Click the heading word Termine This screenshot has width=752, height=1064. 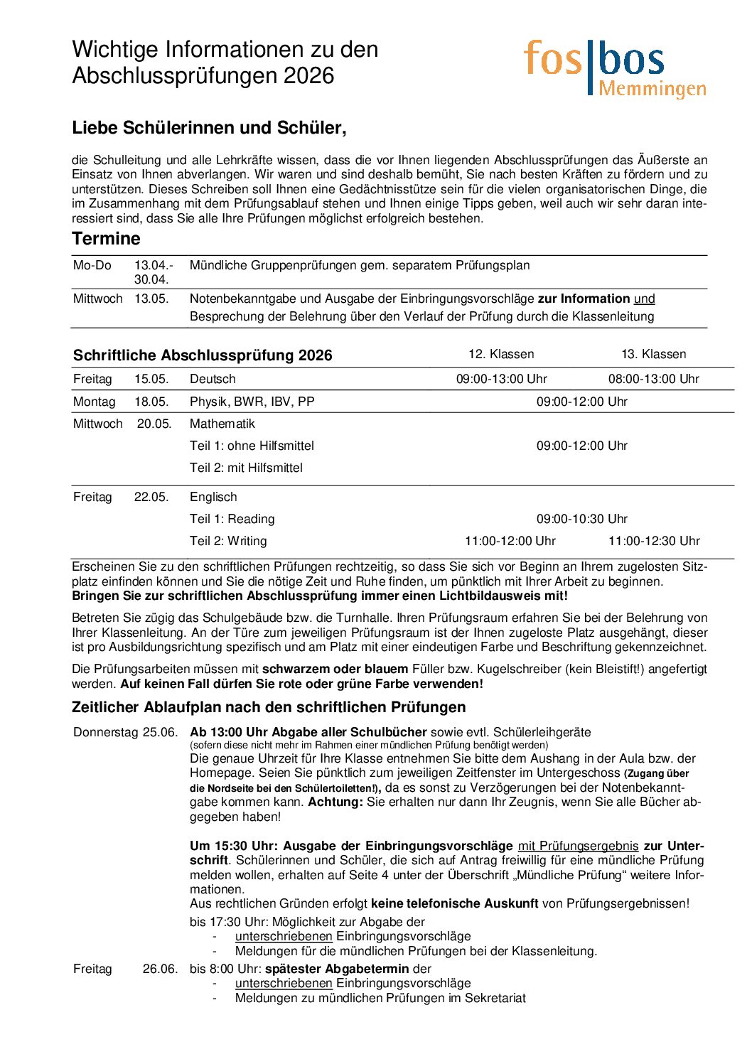click(x=106, y=239)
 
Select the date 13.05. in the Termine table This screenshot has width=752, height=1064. click(x=151, y=299)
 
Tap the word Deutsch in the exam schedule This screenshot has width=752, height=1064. click(x=213, y=379)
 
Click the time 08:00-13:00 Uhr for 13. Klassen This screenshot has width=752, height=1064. click(x=653, y=379)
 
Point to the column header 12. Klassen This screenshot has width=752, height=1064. click(x=501, y=354)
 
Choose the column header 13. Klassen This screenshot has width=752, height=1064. click(x=653, y=354)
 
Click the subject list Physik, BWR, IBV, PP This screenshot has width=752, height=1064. click(x=252, y=402)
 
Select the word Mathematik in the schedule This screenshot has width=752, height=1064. click(x=222, y=424)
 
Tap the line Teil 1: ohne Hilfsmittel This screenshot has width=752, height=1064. click(x=252, y=446)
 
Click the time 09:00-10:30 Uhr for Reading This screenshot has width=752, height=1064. click(x=581, y=519)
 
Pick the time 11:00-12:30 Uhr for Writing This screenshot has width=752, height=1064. click(x=653, y=541)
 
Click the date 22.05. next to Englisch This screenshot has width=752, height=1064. click(x=151, y=497)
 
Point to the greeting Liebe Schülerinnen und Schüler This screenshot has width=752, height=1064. click(x=209, y=128)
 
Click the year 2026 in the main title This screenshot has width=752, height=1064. click(x=308, y=76)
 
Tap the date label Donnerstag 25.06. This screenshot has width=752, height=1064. click(x=125, y=732)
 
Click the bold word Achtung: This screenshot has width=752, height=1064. click(x=335, y=802)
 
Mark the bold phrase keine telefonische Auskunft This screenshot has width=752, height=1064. click(x=454, y=903)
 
